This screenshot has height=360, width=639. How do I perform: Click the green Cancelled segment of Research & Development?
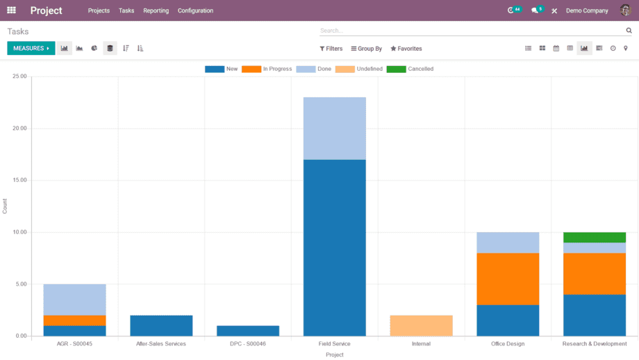point(595,237)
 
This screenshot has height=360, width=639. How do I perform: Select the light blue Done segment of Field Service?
point(334,129)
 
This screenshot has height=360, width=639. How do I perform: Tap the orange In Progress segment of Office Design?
point(508,279)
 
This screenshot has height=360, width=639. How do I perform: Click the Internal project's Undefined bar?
point(421,325)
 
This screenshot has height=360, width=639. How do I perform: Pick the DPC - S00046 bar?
point(248,331)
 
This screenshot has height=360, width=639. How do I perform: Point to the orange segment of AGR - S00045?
point(74,320)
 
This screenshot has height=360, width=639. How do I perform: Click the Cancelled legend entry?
point(410,69)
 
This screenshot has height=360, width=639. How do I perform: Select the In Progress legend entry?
point(267,69)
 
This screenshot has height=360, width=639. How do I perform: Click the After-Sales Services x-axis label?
point(161,344)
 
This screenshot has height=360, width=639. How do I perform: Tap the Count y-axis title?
point(5,206)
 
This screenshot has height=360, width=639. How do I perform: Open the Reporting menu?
point(156,10)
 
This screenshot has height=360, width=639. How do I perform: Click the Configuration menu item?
point(195,10)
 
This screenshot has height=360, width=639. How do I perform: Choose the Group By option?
point(367,49)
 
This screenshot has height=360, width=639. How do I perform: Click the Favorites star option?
point(406,49)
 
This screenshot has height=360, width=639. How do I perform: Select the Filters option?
point(331,49)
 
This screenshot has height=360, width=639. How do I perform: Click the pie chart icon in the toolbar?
point(94,49)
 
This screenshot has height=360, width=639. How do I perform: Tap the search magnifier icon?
point(629,31)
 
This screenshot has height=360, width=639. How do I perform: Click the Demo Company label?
point(587,10)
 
